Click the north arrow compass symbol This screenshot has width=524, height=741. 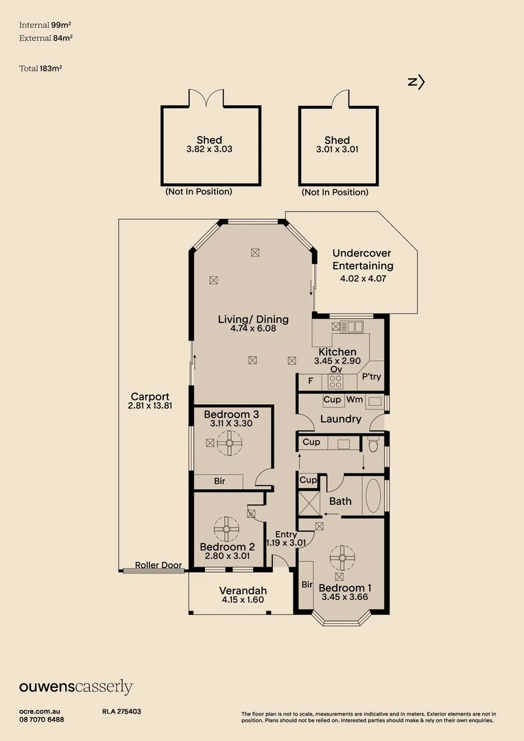click(x=416, y=83)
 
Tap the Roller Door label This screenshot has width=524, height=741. click(x=158, y=565)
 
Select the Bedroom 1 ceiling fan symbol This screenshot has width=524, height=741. click(x=342, y=558)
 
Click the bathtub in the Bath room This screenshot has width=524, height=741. click(x=373, y=496)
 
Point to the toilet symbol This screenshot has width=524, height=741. click(x=373, y=444)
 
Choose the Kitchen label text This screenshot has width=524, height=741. click(x=337, y=352)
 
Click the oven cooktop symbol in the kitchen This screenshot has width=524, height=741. click(x=335, y=381)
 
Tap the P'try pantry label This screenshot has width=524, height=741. click(x=371, y=377)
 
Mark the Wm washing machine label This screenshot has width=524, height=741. click(x=355, y=399)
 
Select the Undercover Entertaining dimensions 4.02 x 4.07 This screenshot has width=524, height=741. click(x=363, y=279)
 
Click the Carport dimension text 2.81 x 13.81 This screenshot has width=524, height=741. click(x=150, y=405)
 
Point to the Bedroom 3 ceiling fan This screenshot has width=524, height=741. click(x=230, y=443)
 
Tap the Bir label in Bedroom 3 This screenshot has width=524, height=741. click(x=219, y=481)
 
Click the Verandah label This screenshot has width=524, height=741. click(x=243, y=591)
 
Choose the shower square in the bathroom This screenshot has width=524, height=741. click(x=309, y=503)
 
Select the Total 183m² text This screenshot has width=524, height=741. click(x=40, y=69)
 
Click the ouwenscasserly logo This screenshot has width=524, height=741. click(x=75, y=687)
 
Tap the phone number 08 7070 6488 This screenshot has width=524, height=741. click(x=42, y=720)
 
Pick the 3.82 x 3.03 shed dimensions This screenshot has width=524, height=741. click(x=209, y=150)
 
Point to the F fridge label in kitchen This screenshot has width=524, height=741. click(x=311, y=381)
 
